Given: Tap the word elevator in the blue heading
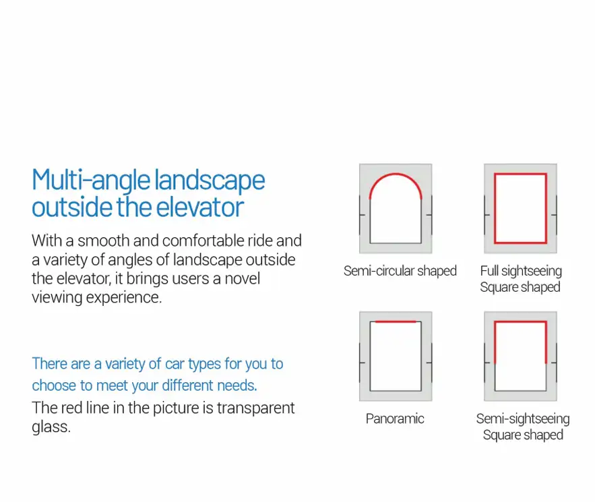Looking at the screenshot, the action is (199, 207).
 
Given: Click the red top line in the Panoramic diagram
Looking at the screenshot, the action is (396, 322).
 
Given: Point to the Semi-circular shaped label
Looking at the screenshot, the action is (400, 271).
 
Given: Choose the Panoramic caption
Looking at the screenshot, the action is (395, 418).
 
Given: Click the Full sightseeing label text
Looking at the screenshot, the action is (521, 271).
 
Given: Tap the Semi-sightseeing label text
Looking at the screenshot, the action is (522, 419).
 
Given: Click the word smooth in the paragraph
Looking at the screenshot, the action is (103, 241).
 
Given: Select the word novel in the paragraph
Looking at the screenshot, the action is (242, 278).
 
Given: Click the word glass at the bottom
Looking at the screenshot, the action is (51, 427).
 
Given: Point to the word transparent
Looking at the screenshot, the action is (255, 408).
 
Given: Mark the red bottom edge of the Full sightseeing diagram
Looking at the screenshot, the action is (520, 242).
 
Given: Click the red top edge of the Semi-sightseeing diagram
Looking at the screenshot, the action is (520, 322).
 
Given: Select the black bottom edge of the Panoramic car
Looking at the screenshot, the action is (396, 390).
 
